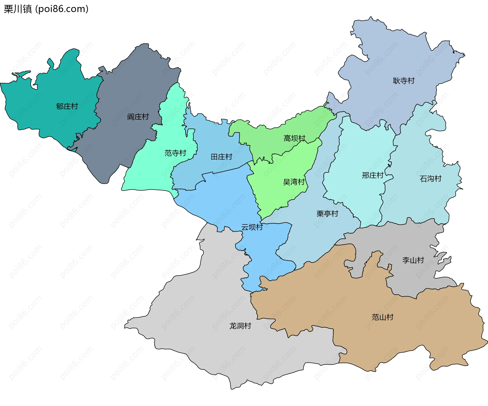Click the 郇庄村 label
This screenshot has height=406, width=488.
67,106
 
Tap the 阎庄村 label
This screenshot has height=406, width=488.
138,117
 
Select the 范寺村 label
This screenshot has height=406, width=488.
175,153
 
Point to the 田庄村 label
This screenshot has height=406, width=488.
222,157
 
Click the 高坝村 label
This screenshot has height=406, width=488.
294,138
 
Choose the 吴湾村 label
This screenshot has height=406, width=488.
294,182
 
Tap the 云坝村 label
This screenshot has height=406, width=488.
252,227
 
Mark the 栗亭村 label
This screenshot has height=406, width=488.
327,214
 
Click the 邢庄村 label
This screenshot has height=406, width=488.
373,175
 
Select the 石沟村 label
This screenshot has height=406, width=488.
431,178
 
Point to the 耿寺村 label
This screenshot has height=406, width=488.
404,81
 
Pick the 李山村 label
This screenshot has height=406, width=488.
413,260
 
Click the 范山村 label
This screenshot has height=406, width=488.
383,317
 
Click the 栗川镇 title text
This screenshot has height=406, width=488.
18,9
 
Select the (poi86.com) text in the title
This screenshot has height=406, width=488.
62,9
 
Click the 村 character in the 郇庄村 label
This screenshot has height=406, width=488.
74,106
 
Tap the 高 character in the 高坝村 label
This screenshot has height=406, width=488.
287,138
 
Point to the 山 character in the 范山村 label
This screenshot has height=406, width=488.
383,317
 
